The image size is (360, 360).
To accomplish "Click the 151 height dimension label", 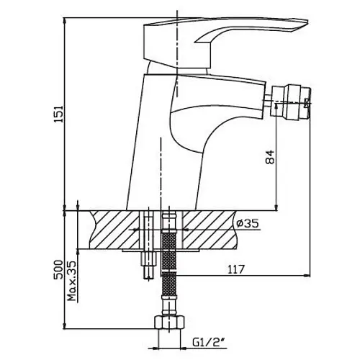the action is [59, 114].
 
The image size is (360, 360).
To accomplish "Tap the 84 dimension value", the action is [270, 157].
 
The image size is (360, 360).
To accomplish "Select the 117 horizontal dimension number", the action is [235, 269].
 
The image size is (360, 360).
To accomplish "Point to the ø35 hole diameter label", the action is [248, 223].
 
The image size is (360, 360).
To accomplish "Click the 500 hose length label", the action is [58, 269].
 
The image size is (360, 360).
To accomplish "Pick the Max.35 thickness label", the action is [71, 281].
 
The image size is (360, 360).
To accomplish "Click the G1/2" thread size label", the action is [210, 342].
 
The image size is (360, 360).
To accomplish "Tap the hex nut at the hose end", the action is [169, 323].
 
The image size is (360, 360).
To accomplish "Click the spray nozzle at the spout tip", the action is [291, 101].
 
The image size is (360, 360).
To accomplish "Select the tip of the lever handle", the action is [307, 22].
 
